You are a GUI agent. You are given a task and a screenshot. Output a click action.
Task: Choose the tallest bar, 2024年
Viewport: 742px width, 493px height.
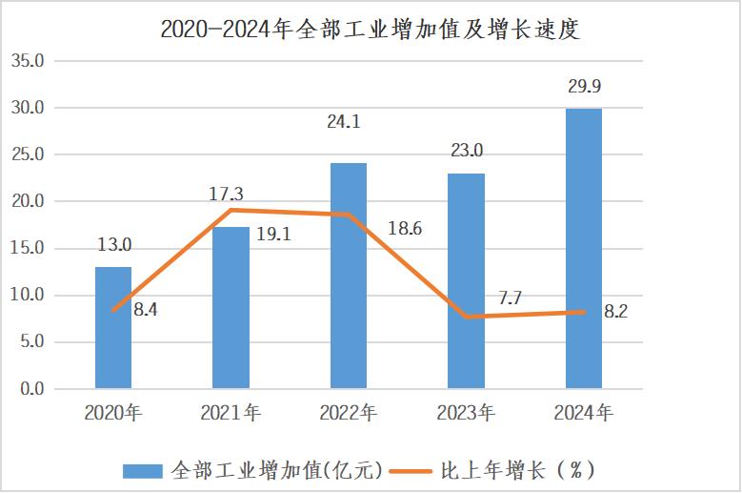pos(584,249)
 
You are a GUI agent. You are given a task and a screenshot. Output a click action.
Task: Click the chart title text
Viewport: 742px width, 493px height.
pos(371,29)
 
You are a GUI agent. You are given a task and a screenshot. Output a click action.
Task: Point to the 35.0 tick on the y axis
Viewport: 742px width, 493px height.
pos(27,61)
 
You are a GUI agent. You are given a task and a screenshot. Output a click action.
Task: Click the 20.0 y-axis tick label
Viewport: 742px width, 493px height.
pos(27,202)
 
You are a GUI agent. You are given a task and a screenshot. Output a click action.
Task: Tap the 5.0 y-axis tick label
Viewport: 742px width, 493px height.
pos(30,342)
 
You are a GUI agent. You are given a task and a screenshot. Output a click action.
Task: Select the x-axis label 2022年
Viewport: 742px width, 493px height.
pos(349,414)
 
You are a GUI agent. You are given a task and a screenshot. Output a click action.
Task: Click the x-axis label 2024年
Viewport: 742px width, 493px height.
pos(584,414)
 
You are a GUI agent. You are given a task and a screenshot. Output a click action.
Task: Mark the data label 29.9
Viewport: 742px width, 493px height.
pos(583,88)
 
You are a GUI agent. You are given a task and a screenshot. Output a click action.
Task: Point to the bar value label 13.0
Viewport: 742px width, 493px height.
pos(114,245)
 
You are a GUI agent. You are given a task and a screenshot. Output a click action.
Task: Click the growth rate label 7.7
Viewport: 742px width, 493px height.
pos(510,298)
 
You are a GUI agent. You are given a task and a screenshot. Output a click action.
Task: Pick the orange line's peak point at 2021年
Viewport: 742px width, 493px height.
pos(231,210)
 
